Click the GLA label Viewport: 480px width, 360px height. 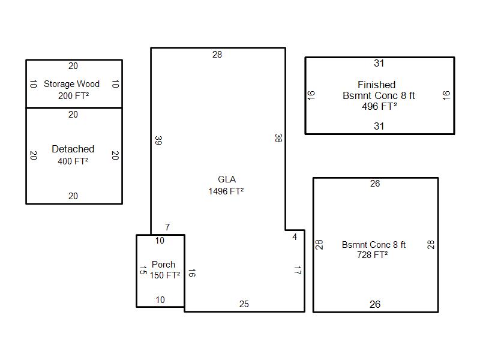coord(227,179)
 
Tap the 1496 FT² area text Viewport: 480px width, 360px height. coord(226,191)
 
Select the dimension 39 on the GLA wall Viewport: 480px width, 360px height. coord(158,140)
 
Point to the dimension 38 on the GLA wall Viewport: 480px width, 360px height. coord(278,139)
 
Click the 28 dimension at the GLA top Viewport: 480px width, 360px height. coord(217,55)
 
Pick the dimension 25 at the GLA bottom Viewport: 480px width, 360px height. coord(244,304)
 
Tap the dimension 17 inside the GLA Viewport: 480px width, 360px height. coord(298,271)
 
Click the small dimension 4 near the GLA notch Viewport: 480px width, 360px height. coord(295,237)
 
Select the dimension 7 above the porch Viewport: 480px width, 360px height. coord(167,227)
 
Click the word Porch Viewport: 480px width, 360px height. coord(163,265)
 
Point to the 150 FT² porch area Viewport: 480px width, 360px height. coord(165,275)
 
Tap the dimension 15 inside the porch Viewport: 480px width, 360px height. coord(143,271)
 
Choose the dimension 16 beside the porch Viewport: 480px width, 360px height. coord(191,273)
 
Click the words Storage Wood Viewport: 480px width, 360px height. coord(71,84)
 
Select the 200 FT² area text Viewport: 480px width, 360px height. coord(73,96)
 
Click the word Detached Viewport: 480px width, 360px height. coord(73,149)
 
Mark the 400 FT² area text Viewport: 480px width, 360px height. coord(73,161)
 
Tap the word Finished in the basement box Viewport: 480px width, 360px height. coord(377,85)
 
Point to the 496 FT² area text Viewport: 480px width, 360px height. coord(380,107)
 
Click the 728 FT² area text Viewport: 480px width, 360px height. coord(372,254)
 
